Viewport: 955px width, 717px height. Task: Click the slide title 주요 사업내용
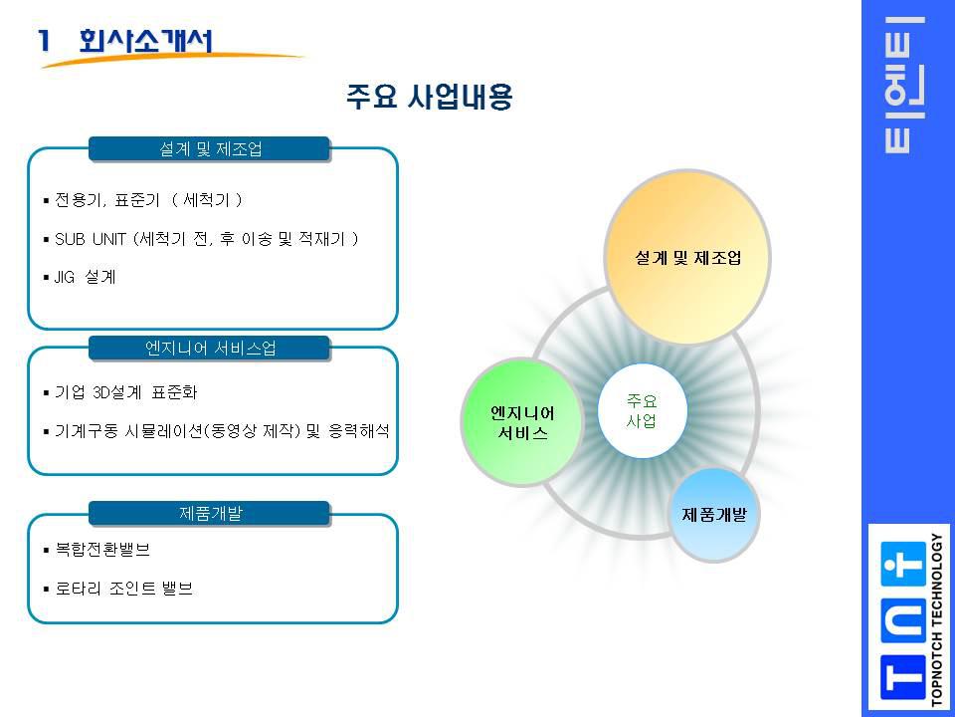click(429, 98)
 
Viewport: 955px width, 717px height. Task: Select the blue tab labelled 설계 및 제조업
click(210, 149)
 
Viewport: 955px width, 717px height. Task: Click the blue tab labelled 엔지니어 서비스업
click(210, 348)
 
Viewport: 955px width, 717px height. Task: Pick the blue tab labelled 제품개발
click(210, 514)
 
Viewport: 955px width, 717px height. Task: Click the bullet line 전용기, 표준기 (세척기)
click(145, 200)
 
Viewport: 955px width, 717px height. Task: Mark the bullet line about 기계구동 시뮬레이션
click(219, 431)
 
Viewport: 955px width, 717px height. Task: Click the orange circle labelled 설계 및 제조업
click(687, 257)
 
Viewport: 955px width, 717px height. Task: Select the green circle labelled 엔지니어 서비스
click(523, 423)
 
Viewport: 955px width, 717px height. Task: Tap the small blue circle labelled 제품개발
click(714, 515)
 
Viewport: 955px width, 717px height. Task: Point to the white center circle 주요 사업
click(642, 410)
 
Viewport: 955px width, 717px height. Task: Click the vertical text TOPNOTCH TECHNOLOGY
click(937, 618)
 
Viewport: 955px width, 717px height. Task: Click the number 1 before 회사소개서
click(45, 41)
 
